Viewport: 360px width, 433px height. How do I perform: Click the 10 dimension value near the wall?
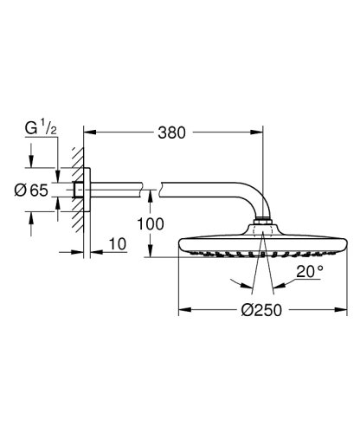click(119, 246)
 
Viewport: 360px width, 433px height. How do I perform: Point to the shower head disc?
click(263, 245)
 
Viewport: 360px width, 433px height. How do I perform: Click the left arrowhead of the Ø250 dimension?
click(183, 309)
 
